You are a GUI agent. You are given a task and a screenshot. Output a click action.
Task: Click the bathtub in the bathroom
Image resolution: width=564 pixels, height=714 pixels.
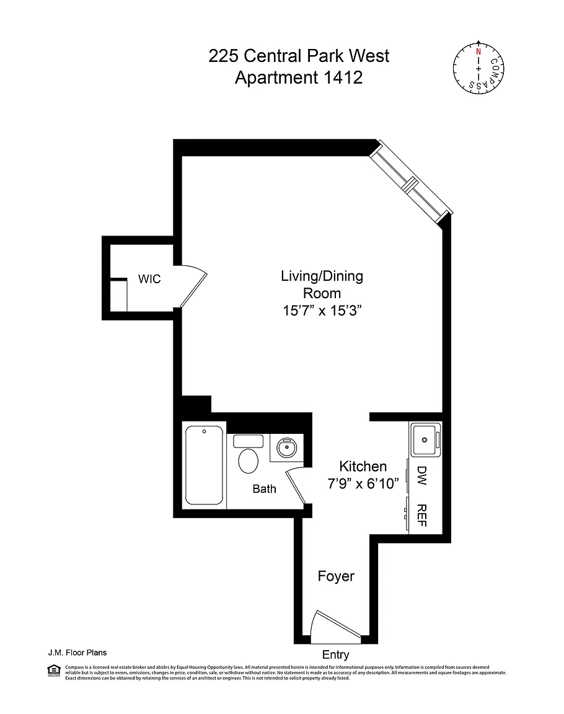[205, 465]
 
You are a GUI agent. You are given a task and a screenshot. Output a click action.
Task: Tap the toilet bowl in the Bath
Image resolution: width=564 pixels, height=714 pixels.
[249, 461]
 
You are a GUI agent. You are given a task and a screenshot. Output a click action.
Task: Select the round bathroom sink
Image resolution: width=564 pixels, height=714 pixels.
[286, 447]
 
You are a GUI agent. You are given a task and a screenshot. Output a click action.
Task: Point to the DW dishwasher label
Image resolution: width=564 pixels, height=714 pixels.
[423, 475]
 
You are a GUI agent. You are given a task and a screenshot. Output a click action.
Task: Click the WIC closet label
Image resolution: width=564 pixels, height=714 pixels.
[149, 280]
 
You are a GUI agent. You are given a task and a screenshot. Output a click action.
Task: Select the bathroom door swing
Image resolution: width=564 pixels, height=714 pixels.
[296, 487]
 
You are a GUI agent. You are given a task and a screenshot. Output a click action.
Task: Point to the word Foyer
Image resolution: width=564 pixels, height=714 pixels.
[336, 576]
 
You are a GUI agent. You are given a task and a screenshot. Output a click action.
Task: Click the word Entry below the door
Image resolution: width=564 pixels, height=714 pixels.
[336, 654]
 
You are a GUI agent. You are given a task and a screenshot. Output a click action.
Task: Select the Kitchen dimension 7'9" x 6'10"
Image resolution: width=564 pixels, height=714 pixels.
[363, 484]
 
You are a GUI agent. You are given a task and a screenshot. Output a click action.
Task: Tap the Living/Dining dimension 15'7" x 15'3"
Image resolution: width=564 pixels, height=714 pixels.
[322, 311]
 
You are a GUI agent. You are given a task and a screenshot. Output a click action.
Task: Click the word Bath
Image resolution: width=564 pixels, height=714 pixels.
[264, 489]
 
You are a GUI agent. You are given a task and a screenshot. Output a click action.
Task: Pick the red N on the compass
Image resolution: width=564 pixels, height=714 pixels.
[478, 52]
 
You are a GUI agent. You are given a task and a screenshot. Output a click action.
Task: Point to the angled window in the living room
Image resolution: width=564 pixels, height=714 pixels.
[410, 182]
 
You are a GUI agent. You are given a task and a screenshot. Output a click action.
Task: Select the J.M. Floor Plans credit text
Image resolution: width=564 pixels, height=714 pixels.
[77, 652]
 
